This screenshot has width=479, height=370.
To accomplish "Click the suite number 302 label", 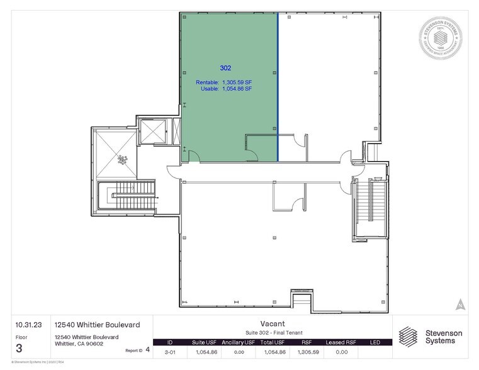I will click(225, 67).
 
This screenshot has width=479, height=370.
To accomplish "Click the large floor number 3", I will click(20, 347).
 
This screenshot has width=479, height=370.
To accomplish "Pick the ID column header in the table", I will click(169, 342).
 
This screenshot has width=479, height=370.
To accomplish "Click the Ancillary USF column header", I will click(238, 342).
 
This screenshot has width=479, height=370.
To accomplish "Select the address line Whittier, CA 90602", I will click(79, 344).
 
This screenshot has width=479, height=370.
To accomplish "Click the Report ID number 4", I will click(147, 349).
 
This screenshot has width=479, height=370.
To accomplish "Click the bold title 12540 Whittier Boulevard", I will click(98, 325).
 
